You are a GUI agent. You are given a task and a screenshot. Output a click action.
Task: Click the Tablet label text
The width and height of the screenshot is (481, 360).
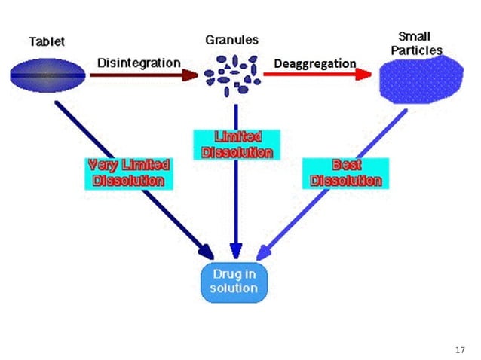click(47, 41)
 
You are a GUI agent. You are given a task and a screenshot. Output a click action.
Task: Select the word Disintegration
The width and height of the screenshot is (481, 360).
click(139, 63)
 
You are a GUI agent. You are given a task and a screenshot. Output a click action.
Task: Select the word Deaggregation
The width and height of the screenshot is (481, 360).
click(314, 63)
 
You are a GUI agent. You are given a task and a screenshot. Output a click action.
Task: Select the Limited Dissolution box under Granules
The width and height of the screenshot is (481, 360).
click(237, 144)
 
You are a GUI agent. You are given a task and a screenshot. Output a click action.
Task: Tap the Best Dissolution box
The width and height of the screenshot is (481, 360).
click(348, 172)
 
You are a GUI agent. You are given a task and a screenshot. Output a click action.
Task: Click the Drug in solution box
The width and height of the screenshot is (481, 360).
click(234, 282)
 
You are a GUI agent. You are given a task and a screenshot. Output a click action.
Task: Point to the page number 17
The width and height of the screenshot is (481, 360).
click(461, 350)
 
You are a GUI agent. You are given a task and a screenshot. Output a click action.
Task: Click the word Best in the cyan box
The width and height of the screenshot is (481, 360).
click(348, 165)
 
